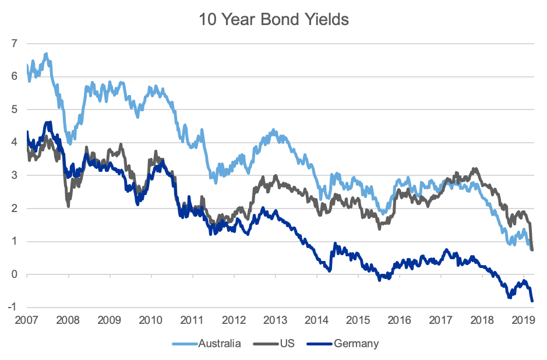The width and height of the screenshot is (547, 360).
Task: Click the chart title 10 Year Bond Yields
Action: click(x=273, y=19)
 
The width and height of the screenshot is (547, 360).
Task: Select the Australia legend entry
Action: click(x=220, y=343)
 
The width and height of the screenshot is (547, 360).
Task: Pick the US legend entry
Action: click(x=287, y=343)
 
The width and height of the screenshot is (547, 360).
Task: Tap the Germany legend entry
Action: click(x=356, y=343)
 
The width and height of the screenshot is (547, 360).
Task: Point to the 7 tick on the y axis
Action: click(x=15, y=44)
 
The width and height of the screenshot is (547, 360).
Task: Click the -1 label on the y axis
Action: click(x=13, y=308)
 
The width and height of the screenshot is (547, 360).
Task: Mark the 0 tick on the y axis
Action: click(x=15, y=275)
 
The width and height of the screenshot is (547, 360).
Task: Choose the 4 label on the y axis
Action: click(x=15, y=143)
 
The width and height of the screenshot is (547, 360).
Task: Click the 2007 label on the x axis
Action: click(x=27, y=320)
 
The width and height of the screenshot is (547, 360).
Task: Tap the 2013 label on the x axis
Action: click(x=276, y=320)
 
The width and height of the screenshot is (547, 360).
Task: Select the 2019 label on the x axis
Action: click(x=523, y=320)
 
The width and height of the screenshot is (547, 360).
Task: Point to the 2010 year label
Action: click(x=151, y=320)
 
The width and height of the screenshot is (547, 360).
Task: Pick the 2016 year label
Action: click(x=400, y=320)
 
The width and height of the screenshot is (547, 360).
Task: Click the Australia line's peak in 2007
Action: click(x=46, y=54)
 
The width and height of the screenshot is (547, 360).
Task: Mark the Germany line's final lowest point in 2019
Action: click(x=532, y=301)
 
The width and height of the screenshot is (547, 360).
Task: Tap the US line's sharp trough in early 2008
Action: click(x=69, y=206)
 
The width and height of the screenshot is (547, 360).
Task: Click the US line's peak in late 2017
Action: click(x=475, y=169)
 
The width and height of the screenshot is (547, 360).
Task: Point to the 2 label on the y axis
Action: click(x=15, y=209)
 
